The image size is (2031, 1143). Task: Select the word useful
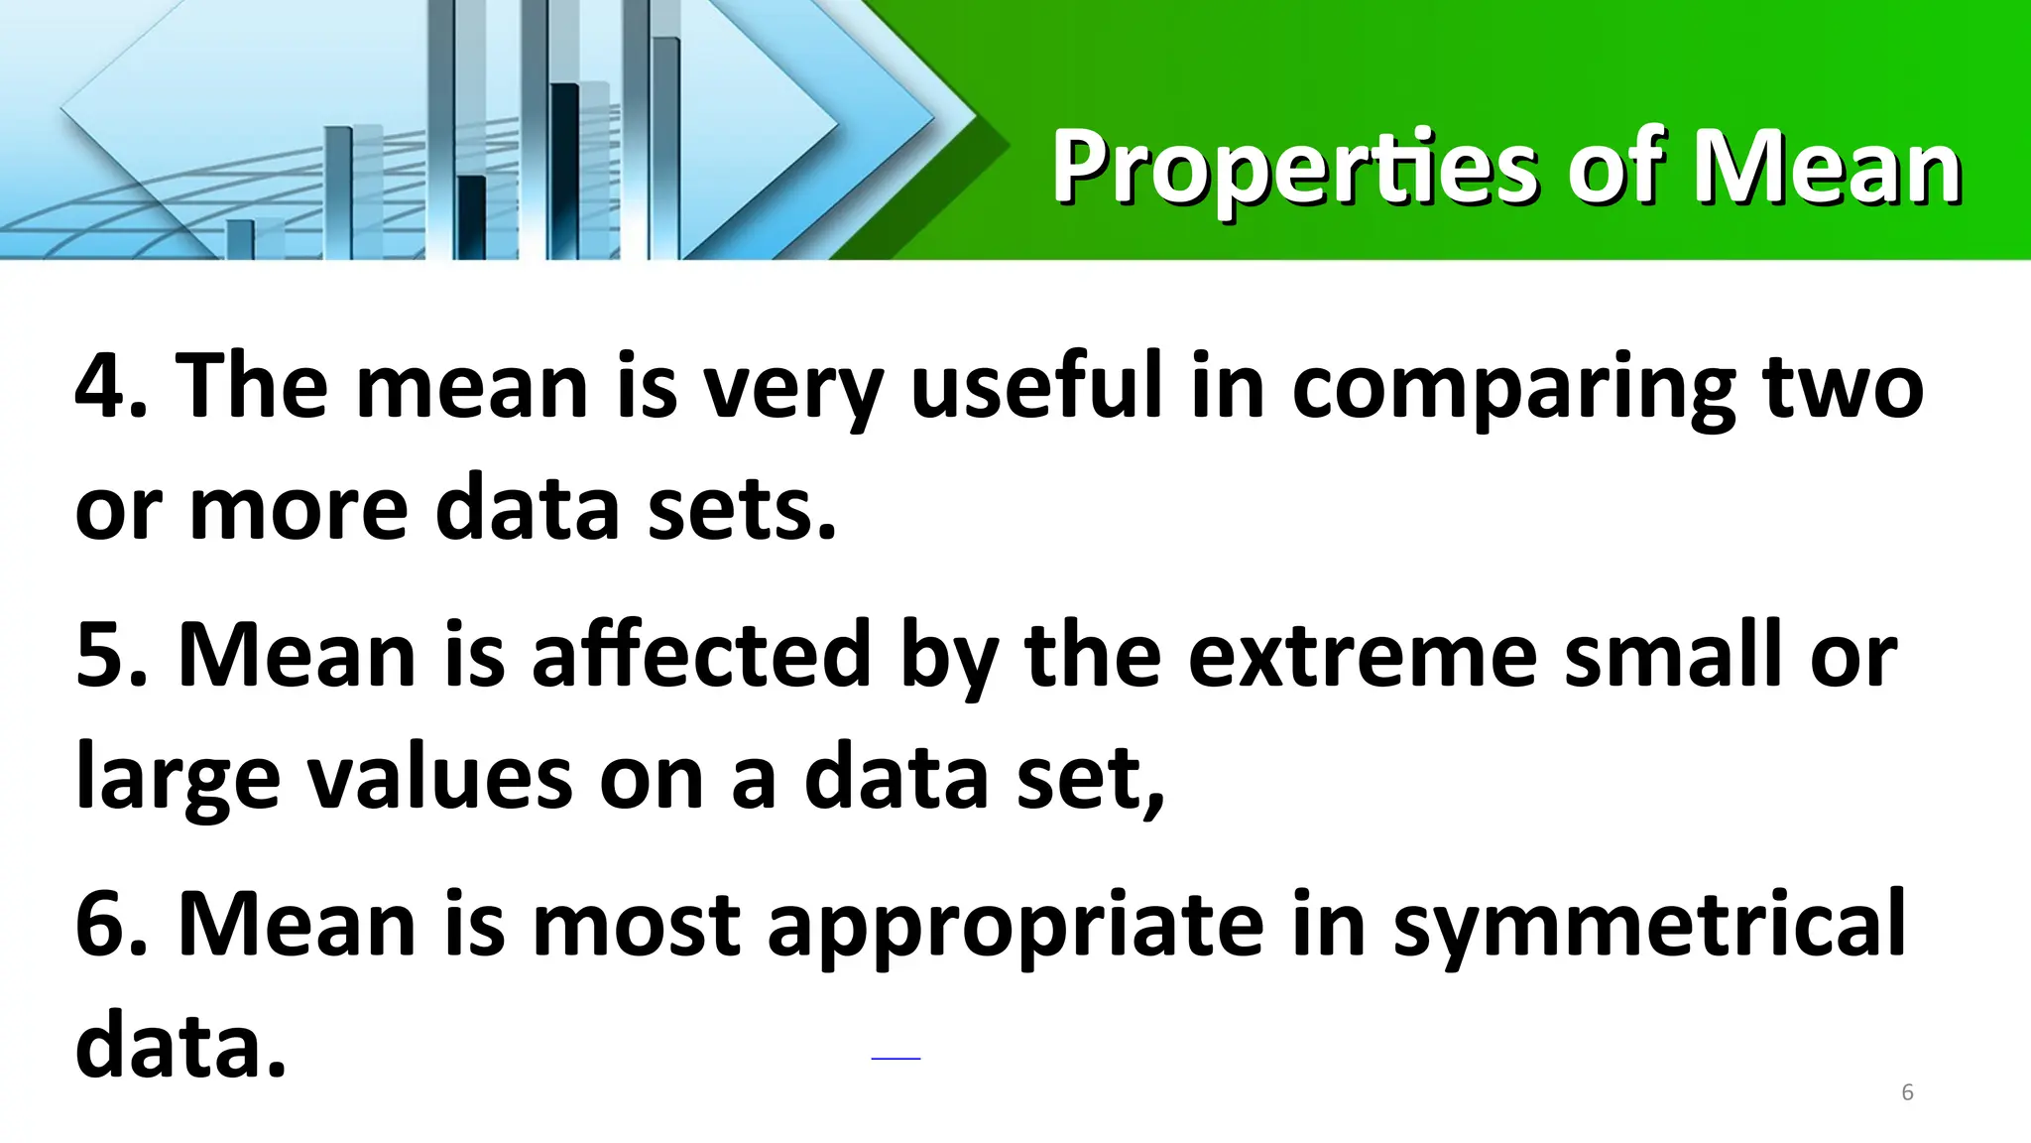[1035, 387]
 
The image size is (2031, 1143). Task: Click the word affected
[701, 656]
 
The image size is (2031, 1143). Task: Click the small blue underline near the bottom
[896, 1060]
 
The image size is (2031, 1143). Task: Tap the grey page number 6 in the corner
[1906, 1093]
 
